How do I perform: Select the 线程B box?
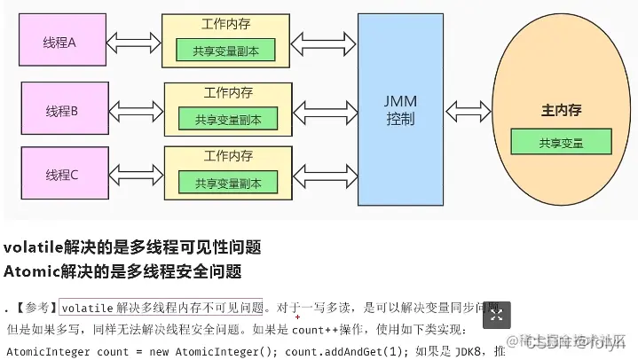[x=62, y=110]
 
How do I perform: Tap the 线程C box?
[x=62, y=175]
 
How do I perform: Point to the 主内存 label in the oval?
[x=561, y=111]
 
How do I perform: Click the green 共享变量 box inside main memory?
[x=561, y=142]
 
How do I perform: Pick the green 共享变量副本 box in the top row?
[x=225, y=50]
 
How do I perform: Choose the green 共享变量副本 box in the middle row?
[x=228, y=118]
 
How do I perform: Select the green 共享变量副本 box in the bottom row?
[x=227, y=184]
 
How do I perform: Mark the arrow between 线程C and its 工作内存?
[x=134, y=175]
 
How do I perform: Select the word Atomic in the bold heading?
[x=31, y=271]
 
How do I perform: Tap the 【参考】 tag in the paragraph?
[x=35, y=309]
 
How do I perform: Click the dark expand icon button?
[x=497, y=315]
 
